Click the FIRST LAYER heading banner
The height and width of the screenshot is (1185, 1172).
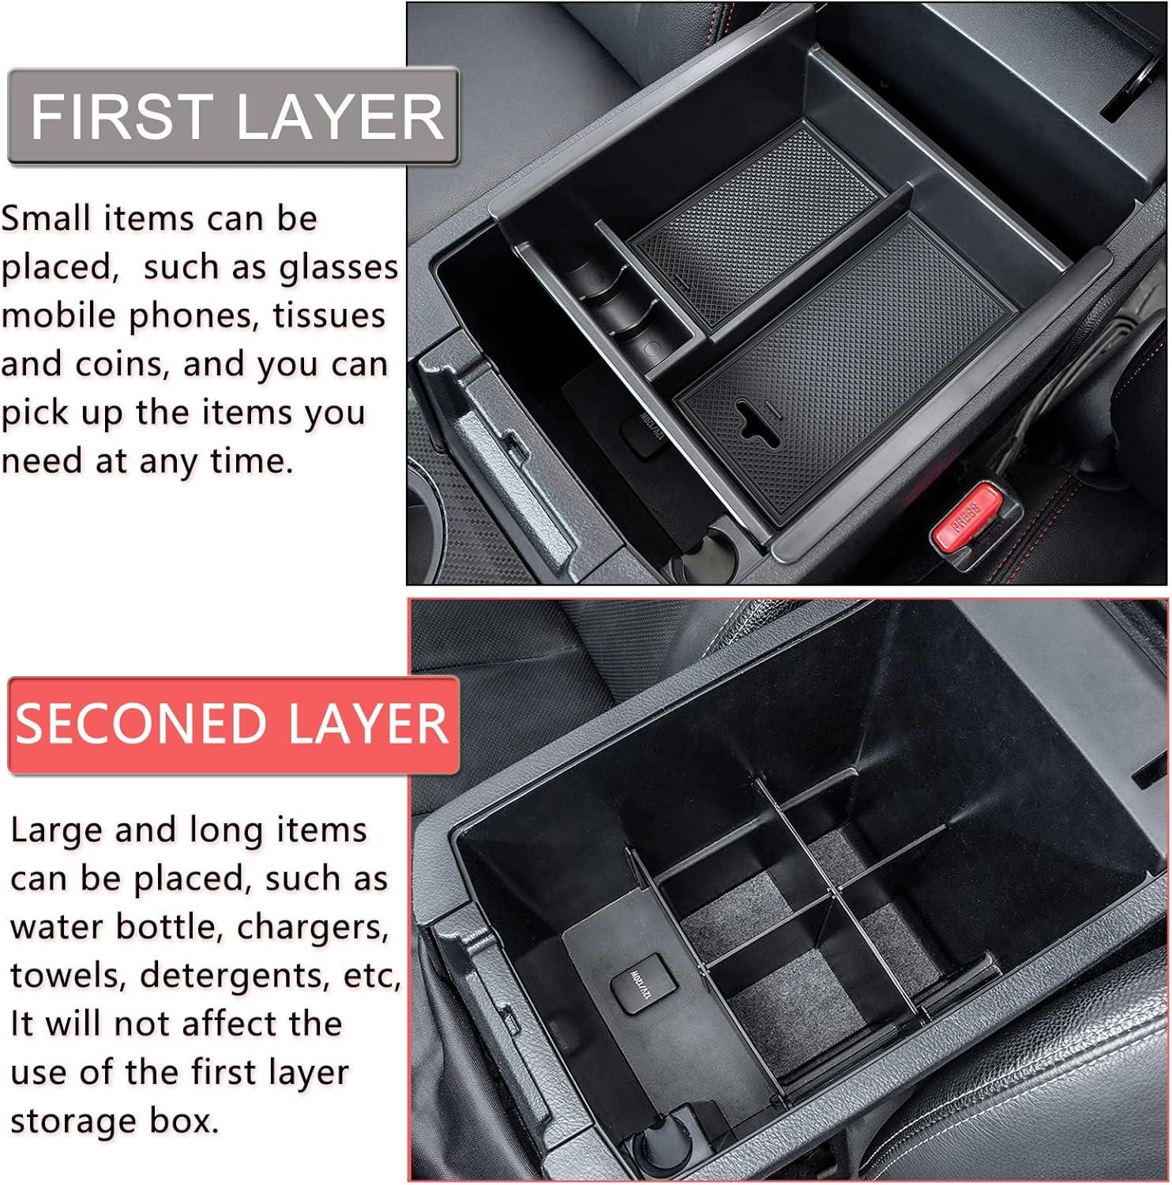234,116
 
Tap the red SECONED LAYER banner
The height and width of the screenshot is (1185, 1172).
234,724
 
